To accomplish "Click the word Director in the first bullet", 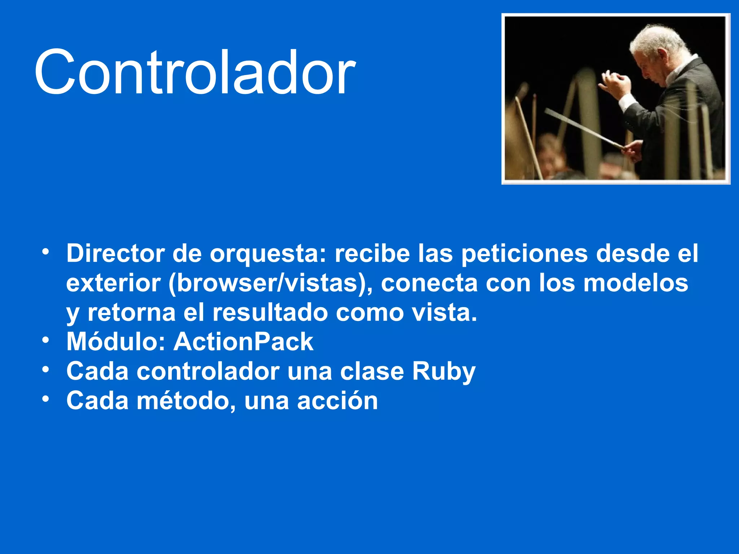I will click(x=115, y=254).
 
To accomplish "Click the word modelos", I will click(x=636, y=283).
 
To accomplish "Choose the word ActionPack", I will click(x=244, y=342).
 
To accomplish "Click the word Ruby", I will click(x=444, y=372).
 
